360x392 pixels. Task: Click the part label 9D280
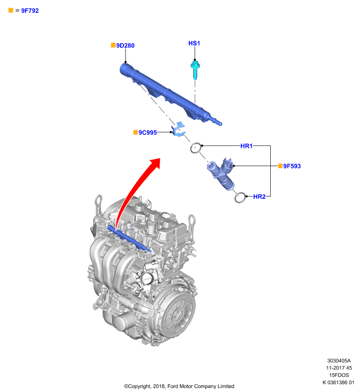coord(125,46)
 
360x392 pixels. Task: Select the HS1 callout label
coord(194,43)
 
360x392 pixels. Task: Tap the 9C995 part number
coord(148,132)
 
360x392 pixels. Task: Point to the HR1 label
coord(246,146)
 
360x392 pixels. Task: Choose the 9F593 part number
coord(292,166)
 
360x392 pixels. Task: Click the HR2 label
coord(259,196)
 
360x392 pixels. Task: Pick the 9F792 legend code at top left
coord(30,10)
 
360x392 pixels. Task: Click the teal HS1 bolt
coord(195,70)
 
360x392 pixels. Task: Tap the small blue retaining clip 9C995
coord(178,130)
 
